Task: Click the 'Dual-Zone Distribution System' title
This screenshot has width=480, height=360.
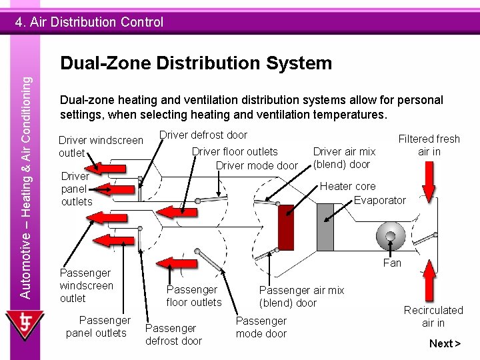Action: pyautogui.click(x=195, y=63)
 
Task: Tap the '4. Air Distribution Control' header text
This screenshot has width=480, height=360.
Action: pyautogui.click(x=89, y=22)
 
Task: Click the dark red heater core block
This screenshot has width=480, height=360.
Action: pyautogui.click(x=286, y=227)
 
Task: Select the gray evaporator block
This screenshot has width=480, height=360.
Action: pyautogui.click(x=325, y=227)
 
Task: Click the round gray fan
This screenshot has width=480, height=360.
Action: pyautogui.click(x=390, y=235)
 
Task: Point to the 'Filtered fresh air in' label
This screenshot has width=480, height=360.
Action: pyautogui.click(x=429, y=145)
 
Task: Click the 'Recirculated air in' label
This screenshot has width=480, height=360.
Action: pyautogui.click(x=433, y=317)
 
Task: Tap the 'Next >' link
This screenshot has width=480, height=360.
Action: pyautogui.click(x=445, y=343)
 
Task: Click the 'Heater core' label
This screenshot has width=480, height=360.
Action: pyautogui.click(x=347, y=187)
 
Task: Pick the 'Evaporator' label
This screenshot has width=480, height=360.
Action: pyautogui.click(x=379, y=200)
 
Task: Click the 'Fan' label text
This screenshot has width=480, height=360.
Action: pyautogui.click(x=392, y=263)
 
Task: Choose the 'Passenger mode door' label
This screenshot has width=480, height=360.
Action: pyautogui.click(x=261, y=327)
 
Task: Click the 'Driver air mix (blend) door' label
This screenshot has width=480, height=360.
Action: pyautogui.click(x=344, y=158)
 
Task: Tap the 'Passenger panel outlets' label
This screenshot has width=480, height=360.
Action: pyautogui.click(x=97, y=327)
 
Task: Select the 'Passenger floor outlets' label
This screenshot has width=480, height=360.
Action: pyautogui.click(x=193, y=296)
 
